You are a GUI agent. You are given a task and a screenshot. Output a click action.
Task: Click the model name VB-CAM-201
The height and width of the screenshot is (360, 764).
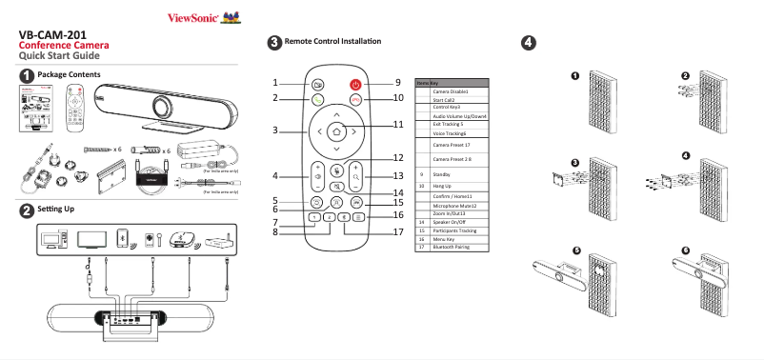(x=59, y=34)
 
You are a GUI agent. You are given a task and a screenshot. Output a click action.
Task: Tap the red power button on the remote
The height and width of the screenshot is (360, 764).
(x=355, y=84)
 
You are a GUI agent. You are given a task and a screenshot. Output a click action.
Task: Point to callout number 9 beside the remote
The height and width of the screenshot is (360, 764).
(x=398, y=83)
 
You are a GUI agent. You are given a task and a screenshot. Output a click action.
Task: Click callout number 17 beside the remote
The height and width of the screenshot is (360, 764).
(x=398, y=230)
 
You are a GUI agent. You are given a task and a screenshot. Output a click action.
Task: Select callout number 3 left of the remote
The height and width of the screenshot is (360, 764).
(x=274, y=130)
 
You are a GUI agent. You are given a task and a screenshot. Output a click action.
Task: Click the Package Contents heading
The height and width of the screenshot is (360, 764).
(x=69, y=74)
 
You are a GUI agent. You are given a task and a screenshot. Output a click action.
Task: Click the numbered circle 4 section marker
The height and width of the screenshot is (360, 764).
(x=528, y=42)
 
